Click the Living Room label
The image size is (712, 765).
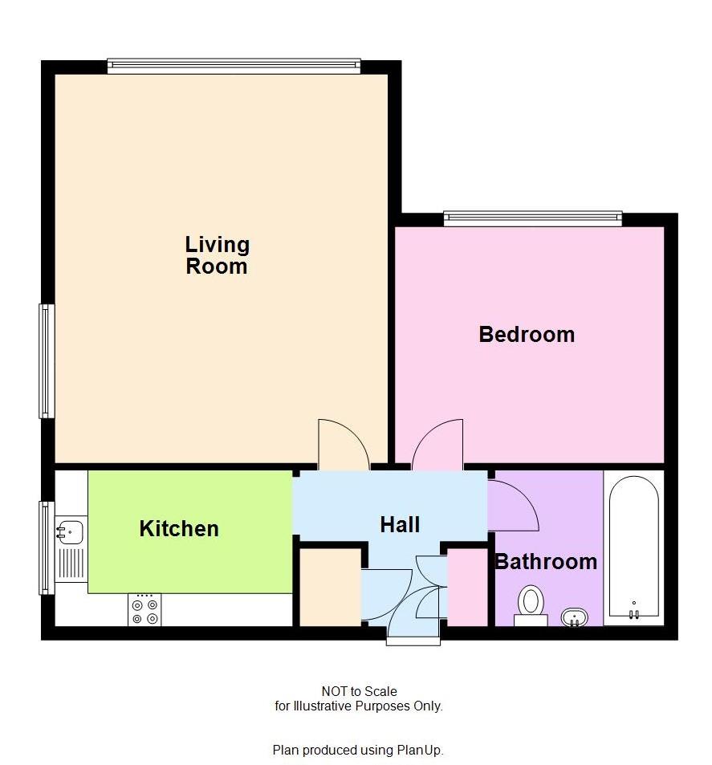[x=217, y=255]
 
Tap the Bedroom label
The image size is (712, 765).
[x=527, y=334]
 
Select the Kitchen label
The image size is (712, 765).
[x=179, y=528]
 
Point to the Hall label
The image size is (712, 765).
[x=400, y=525]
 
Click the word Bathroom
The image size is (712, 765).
[x=546, y=561]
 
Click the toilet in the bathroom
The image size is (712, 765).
[x=530, y=604]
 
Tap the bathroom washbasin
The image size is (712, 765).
[x=575, y=617]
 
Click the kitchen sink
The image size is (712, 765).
[x=70, y=531]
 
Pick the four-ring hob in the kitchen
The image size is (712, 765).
[x=144, y=610]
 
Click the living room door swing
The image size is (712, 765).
[x=342, y=443]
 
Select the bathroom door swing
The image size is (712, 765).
[x=511, y=507]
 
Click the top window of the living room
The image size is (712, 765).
[x=234, y=67]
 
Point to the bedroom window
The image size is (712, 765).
[x=533, y=217]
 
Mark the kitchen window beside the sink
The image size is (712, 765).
[x=46, y=547]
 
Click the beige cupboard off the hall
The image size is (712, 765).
[x=330, y=587]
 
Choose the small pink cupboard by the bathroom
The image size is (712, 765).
[x=467, y=587]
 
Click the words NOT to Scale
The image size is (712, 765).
[x=359, y=691]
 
